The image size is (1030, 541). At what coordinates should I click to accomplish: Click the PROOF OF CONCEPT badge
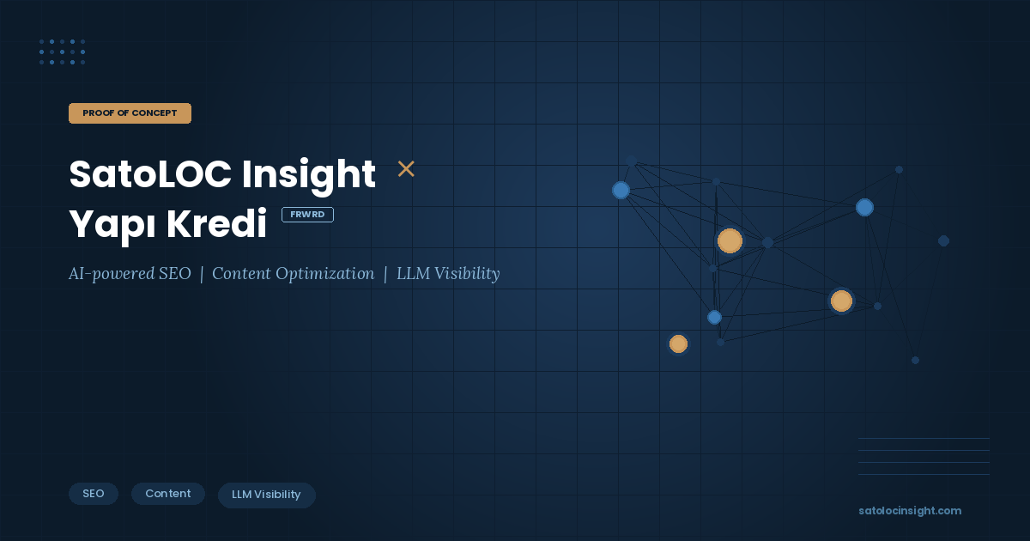[130, 113]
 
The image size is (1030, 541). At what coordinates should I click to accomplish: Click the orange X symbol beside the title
[406, 169]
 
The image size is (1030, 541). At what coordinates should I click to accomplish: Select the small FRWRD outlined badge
[307, 215]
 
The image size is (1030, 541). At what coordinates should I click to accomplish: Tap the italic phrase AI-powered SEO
[130, 274]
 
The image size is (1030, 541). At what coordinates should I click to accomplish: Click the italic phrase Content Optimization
[293, 274]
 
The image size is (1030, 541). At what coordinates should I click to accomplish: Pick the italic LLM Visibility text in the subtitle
[447, 274]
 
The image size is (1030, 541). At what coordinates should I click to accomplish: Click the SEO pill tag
[94, 494]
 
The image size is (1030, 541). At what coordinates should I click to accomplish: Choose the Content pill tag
[168, 494]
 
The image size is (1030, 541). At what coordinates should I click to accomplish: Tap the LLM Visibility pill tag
[266, 495]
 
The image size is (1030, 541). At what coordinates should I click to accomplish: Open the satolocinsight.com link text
[910, 511]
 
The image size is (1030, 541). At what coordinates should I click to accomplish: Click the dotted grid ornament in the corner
[62, 52]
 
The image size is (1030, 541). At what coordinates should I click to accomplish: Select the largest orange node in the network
[730, 241]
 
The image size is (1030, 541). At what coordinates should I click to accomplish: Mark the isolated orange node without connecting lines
[678, 343]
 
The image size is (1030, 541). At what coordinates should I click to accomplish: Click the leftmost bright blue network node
[621, 190]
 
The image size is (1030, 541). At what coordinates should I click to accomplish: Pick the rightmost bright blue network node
[864, 207]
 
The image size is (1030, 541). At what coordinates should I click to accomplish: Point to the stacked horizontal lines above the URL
[924, 456]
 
